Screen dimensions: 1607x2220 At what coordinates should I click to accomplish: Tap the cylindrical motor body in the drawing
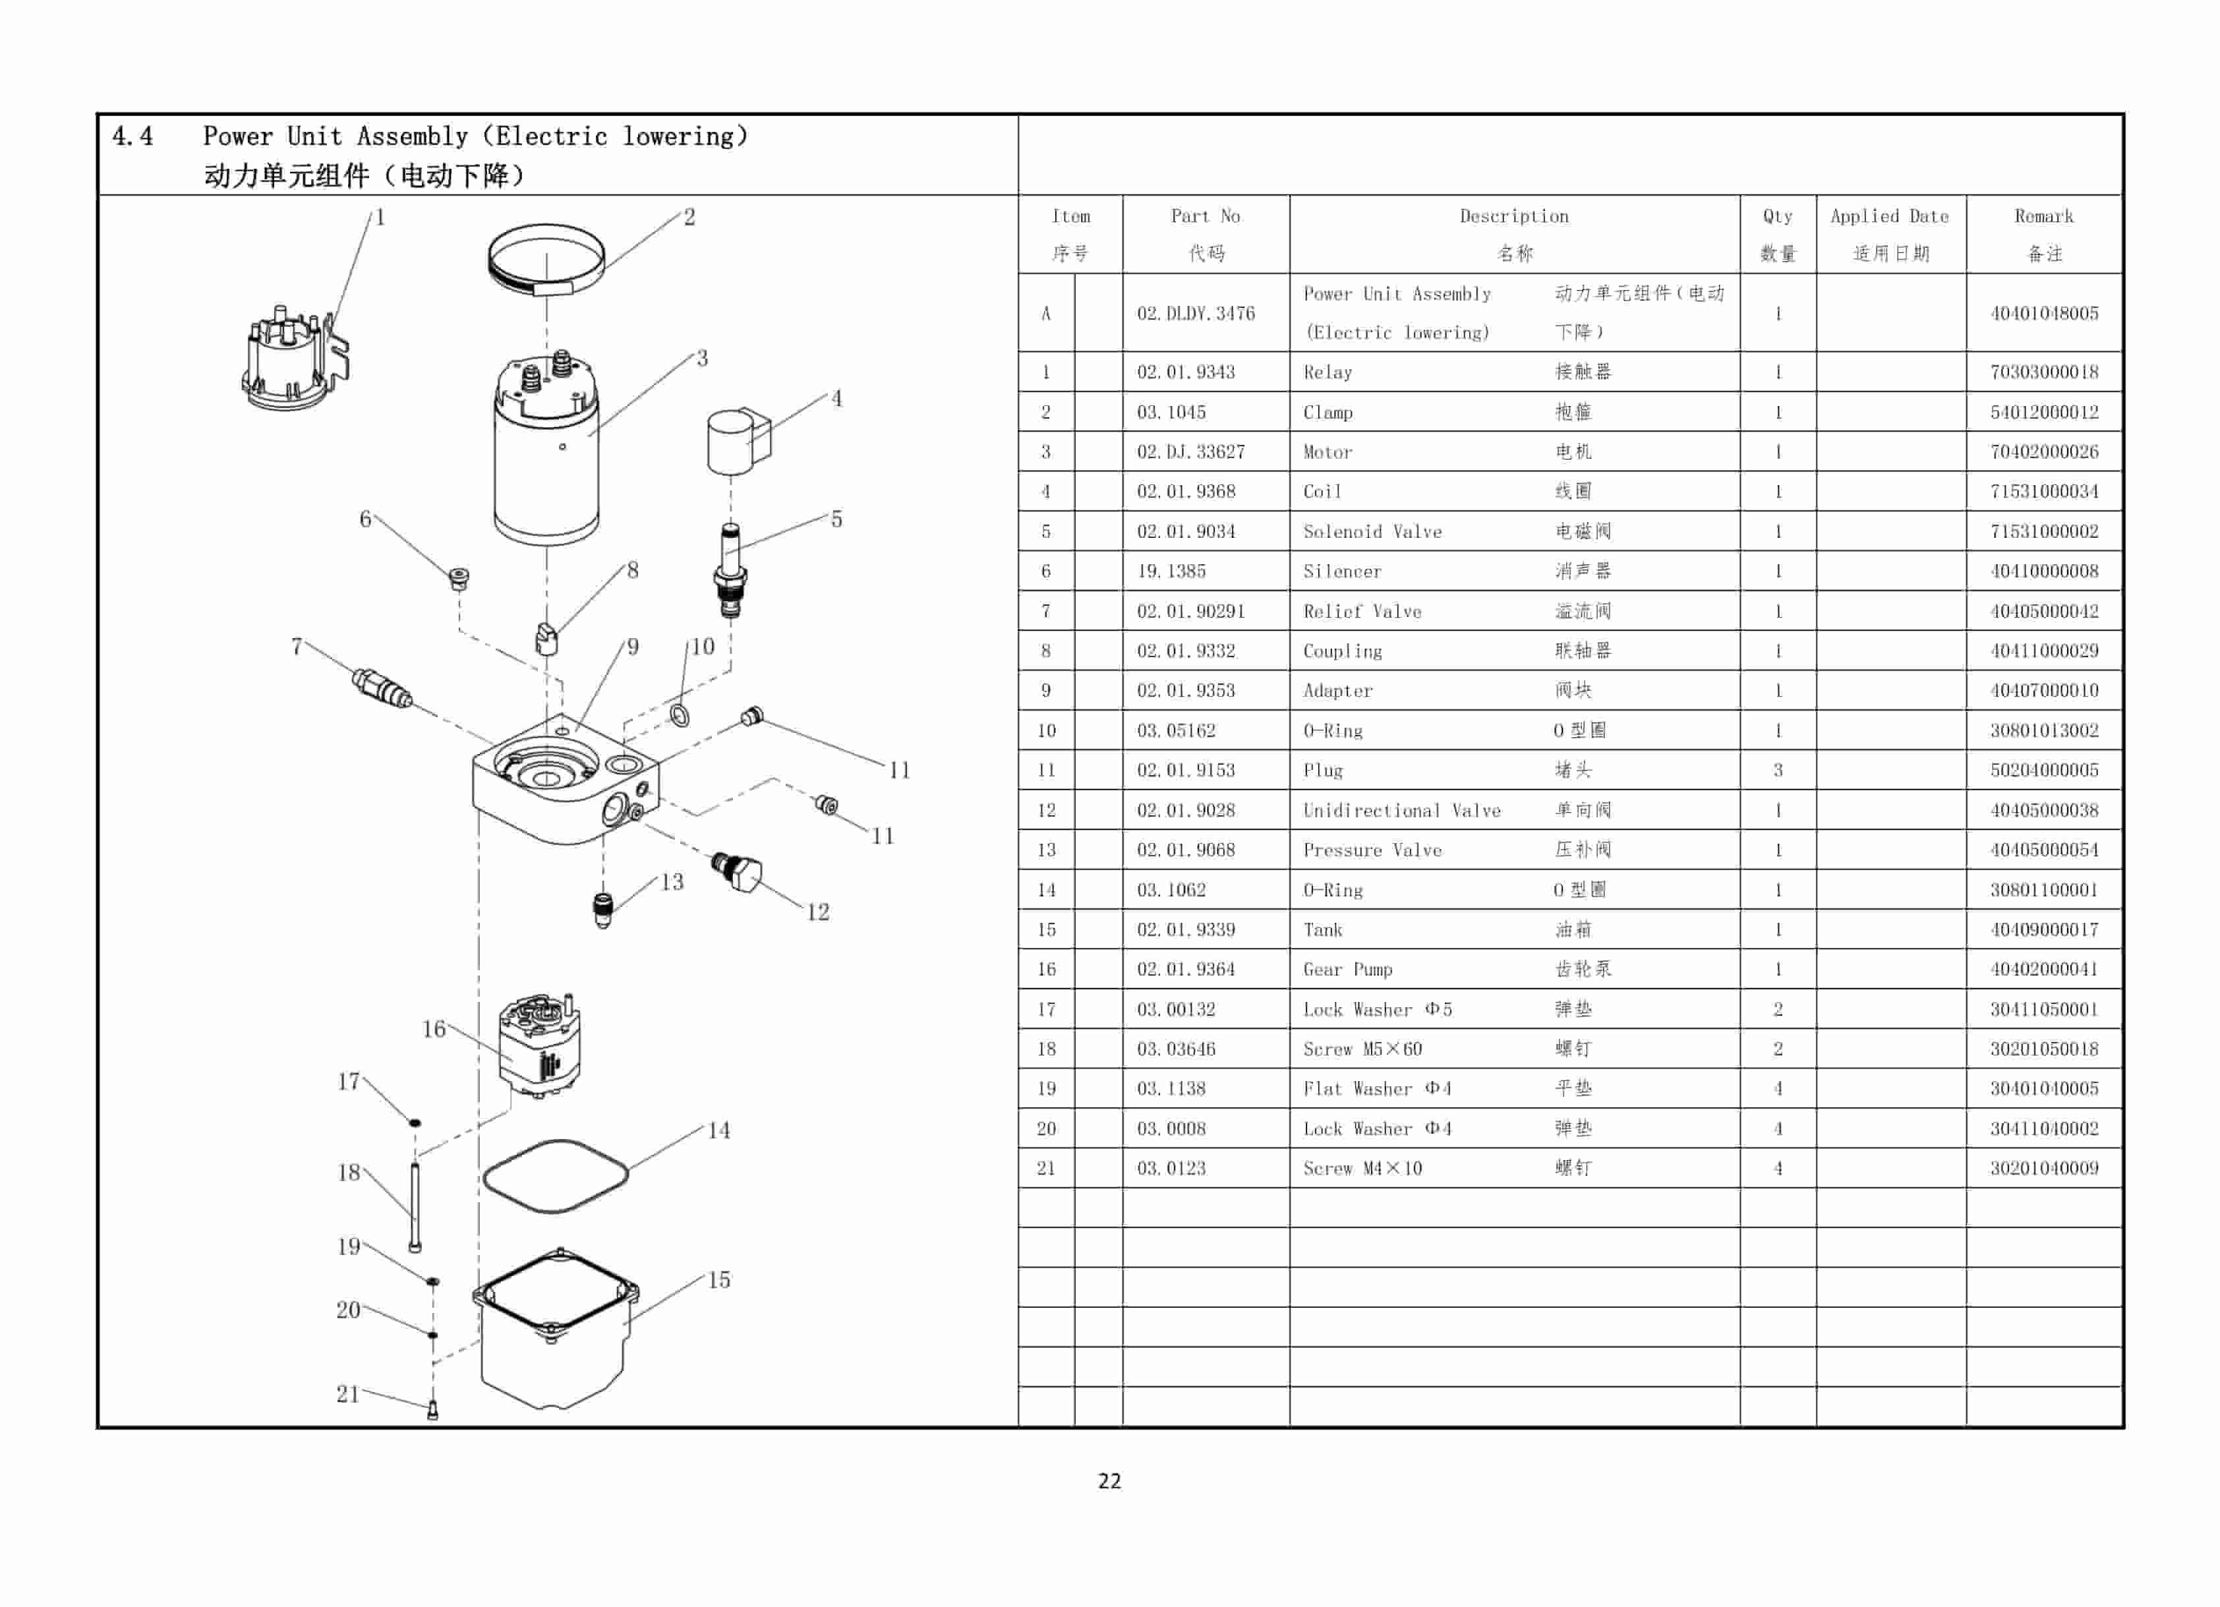coord(546,460)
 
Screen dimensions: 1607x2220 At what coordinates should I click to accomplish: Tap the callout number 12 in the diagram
coord(817,912)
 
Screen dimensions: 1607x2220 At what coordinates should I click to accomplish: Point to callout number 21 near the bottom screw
coord(347,1393)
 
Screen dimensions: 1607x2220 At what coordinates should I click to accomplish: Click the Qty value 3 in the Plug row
coord(1778,771)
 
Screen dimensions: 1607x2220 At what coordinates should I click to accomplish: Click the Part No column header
coord(1205,216)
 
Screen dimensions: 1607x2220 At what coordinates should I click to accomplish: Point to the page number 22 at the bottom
coord(1109,1480)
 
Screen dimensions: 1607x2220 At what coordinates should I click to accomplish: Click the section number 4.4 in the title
coord(132,136)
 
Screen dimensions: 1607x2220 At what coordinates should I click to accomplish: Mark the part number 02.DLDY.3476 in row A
coord(1195,313)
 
